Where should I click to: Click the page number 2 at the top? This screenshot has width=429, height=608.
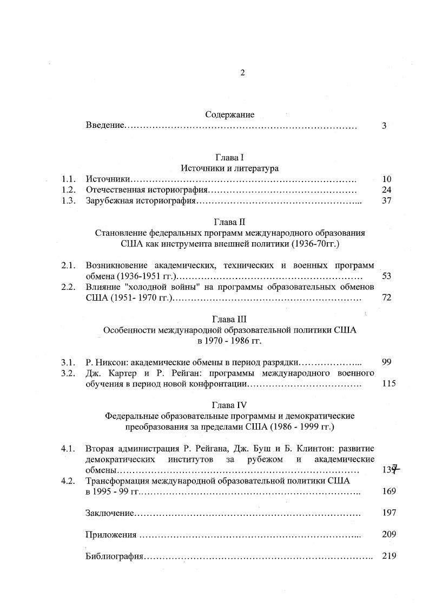[242, 73]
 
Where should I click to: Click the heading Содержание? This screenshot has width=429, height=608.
[230, 114]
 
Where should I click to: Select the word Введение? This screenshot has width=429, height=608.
[105, 126]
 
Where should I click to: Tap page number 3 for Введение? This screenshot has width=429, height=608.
[384, 126]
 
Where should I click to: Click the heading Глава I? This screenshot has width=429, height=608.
[230, 157]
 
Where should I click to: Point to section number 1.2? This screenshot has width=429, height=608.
[68, 190]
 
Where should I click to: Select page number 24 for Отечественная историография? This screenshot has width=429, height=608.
[386, 190]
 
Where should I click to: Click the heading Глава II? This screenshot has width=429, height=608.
[230, 222]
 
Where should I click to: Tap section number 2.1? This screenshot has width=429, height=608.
[68, 266]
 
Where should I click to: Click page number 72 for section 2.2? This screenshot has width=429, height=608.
[386, 297]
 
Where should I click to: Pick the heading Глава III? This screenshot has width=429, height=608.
[230, 319]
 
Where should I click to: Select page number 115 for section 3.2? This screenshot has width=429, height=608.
[388, 384]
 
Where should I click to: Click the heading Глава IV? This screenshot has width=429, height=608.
[230, 405]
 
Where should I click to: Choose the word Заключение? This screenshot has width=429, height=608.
[110, 513]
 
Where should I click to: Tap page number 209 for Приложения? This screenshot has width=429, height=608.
[388, 534]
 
